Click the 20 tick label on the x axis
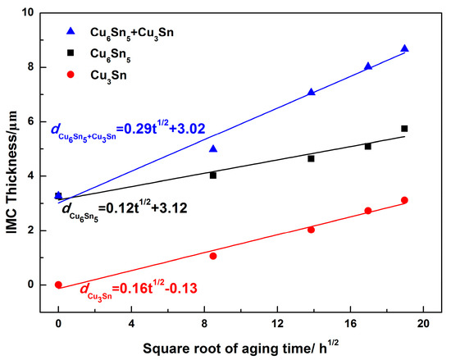[x=424, y=323]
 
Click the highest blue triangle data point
[x=404, y=49]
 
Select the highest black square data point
[x=404, y=129]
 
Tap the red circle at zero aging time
[x=58, y=285]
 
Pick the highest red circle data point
[x=404, y=200]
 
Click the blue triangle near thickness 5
[x=213, y=148]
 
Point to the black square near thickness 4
[x=213, y=175]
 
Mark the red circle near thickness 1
[x=213, y=256]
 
